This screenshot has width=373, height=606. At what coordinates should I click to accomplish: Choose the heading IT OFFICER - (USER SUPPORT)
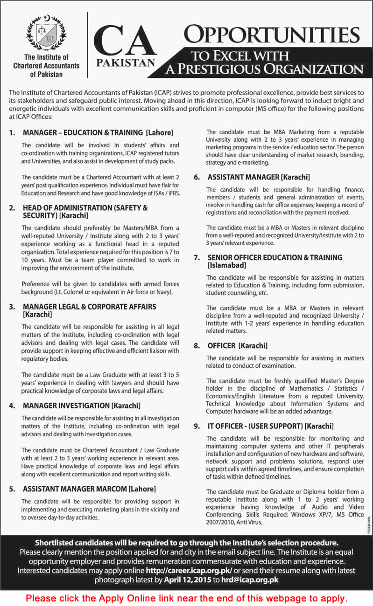click(254, 426)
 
